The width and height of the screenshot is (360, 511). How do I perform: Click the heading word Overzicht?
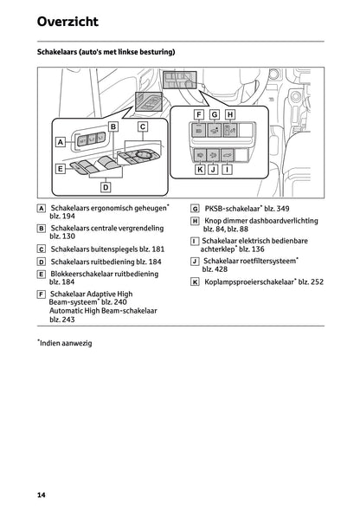[67, 21]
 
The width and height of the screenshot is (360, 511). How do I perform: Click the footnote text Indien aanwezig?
[66, 343]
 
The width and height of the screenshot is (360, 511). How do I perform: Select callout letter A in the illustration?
[61, 140]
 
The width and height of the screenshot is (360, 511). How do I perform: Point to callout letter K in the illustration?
[199, 170]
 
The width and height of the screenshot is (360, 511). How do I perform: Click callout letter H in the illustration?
[229, 114]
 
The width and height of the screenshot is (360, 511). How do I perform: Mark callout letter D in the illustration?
[106, 186]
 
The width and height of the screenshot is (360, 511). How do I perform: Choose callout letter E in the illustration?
[61, 170]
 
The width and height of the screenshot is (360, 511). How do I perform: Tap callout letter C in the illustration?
[142, 126]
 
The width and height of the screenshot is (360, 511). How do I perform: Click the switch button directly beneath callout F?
[200, 131]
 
